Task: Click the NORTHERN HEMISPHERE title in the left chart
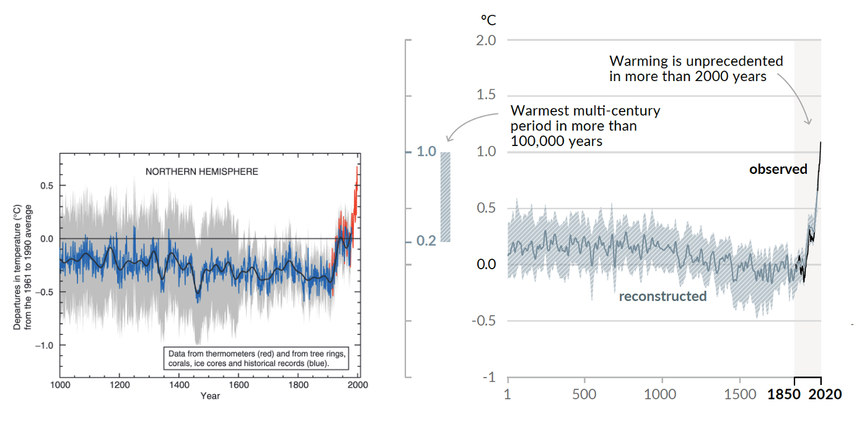tap(201, 171)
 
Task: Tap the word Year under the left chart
tap(209, 396)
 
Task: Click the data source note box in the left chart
tap(257, 358)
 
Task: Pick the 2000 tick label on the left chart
tap(358, 384)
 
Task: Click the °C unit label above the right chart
tap(488, 20)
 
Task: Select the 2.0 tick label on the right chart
tap(485, 40)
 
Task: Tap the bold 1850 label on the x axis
tap(785, 394)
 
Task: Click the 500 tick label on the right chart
tap(584, 394)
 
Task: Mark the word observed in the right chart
tap(778, 169)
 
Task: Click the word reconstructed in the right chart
tap(663, 296)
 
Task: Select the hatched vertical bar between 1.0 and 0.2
tap(445, 197)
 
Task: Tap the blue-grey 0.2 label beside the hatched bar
tap(426, 241)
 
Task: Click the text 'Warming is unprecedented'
tap(696, 61)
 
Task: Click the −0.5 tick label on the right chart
tap(484, 321)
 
